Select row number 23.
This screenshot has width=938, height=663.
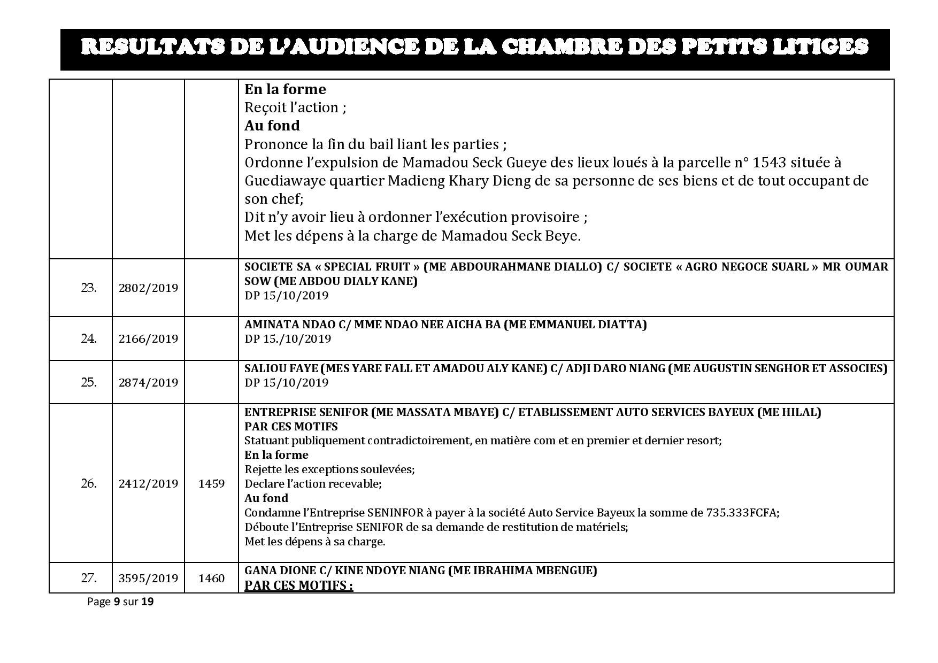click(89, 288)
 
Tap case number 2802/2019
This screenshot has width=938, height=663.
click(148, 288)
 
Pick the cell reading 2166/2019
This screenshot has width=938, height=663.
click(148, 338)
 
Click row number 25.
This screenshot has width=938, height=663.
click(89, 382)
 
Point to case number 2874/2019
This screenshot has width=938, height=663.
click(148, 382)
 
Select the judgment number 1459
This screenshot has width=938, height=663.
click(211, 483)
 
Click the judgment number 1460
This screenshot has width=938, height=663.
click(211, 578)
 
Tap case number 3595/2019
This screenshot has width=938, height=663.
click(148, 578)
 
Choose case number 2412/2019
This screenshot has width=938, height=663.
click(148, 483)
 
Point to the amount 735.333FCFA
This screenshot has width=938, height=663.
click(742, 512)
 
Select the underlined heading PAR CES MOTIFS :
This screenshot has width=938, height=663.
click(298, 585)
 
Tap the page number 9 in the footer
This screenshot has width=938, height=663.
click(116, 602)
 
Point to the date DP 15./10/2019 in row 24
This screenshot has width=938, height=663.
click(288, 339)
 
